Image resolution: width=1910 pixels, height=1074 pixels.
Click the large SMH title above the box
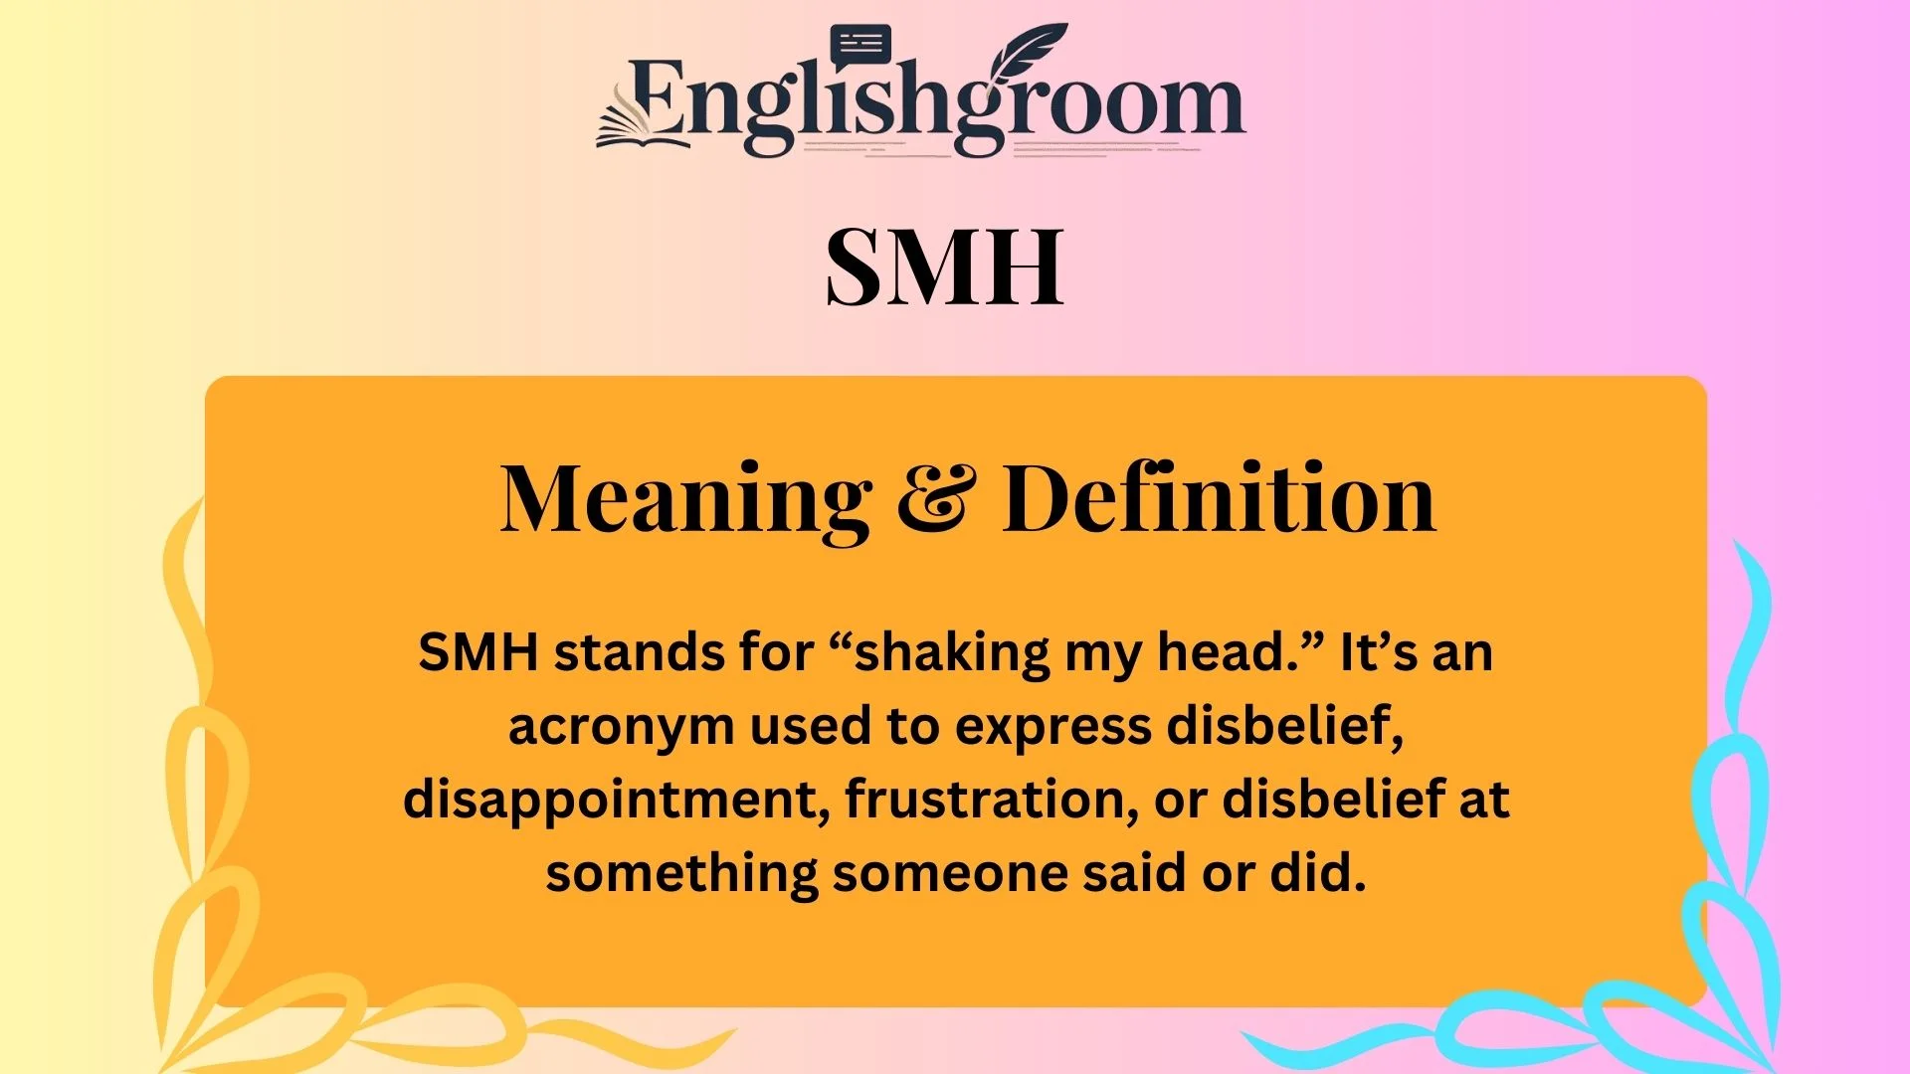pyautogui.click(x=945, y=267)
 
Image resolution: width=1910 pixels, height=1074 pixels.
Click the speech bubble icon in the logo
pyautogui.click(x=860, y=46)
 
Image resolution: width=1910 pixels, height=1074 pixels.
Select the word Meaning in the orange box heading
pyautogui.click(x=685, y=500)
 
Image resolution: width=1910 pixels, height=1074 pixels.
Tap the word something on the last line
pyautogui.click(x=681, y=874)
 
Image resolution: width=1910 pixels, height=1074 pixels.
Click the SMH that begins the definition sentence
pyautogui.click(x=478, y=653)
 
